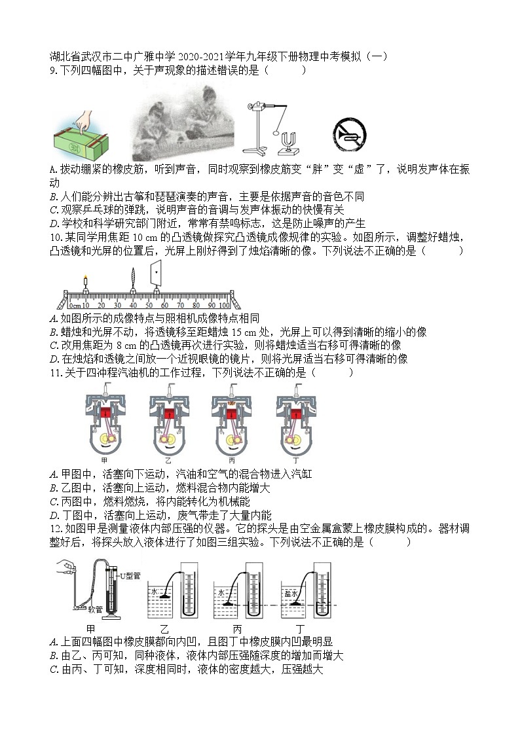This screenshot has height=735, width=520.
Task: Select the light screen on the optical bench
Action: (x=157, y=273)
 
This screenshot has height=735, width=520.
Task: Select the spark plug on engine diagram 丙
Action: (x=233, y=391)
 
